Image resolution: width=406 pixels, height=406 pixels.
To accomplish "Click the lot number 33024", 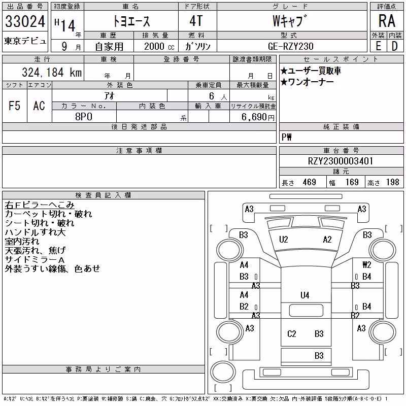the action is (25, 21).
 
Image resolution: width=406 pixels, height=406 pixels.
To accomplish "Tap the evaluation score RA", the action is (387, 21).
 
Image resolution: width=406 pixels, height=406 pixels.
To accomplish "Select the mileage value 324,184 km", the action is (52, 72).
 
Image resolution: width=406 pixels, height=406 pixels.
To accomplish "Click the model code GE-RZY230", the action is (291, 46).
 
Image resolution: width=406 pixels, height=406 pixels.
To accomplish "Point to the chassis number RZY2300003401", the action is (341, 161).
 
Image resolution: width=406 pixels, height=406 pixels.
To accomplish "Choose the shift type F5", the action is (15, 106).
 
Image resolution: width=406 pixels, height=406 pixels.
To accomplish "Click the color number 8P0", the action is (84, 117).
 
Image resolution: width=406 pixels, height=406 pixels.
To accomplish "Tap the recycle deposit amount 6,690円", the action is (258, 117).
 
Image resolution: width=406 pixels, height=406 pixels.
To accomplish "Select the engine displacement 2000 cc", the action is (159, 46).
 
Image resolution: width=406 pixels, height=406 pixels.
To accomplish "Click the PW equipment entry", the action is (287, 137).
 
